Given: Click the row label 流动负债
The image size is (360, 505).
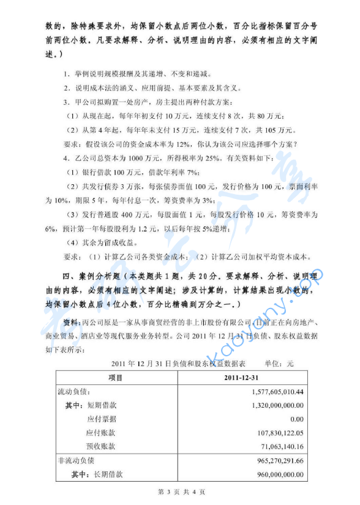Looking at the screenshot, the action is pyautogui.click(x=73, y=392).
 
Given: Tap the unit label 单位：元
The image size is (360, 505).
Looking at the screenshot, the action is pyautogui.click(x=279, y=363).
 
